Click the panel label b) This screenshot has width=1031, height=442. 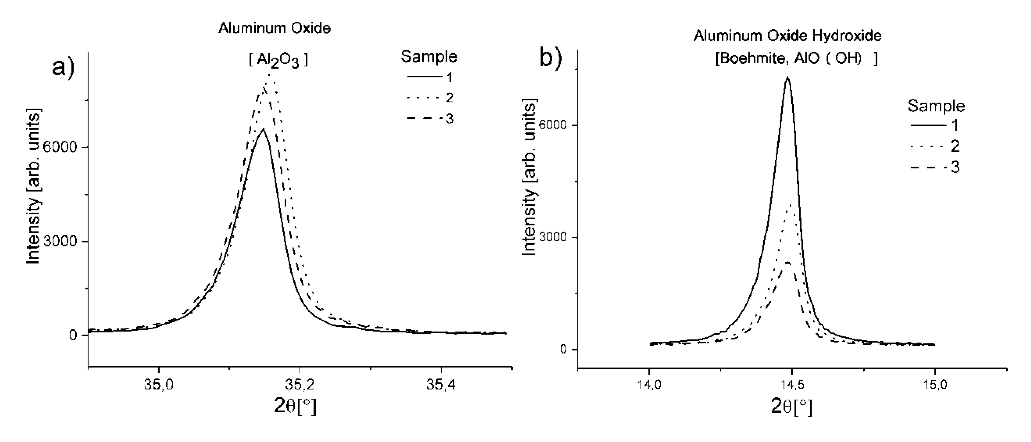coord(551,58)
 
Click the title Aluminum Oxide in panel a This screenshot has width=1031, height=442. coord(275,28)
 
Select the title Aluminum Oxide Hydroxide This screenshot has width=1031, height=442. coord(787,36)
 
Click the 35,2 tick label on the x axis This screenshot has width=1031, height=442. coord(300,385)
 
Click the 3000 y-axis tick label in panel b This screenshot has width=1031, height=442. coord(553,237)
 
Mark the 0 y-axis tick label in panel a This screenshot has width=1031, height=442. coord(73,335)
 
